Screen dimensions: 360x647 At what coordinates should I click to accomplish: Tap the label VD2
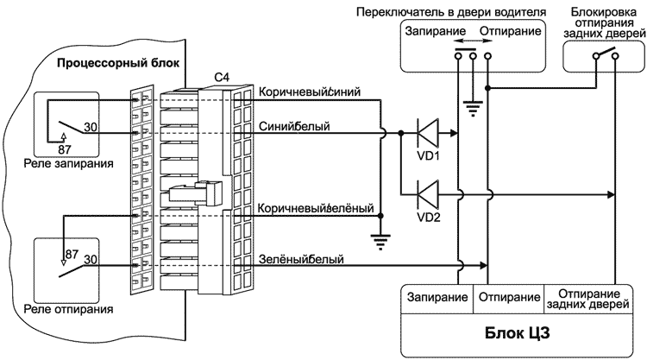[429, 216]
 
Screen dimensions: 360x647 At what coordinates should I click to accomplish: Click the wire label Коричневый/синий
[310, 91]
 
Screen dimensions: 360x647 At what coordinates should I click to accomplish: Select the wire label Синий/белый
[293, 126]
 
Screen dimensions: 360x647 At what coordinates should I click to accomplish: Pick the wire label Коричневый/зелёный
[316, 208]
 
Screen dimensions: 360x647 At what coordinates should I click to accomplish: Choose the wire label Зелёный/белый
[302, 258]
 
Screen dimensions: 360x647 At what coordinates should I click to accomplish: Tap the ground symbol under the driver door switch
[472, 108]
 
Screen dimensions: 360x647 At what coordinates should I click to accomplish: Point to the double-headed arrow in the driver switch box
[470, 40]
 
